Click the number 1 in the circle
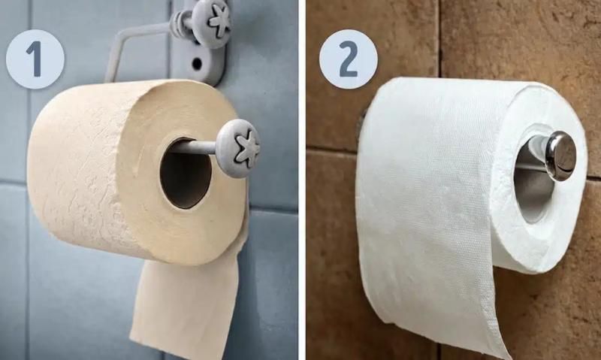[35, 59]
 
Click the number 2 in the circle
[348, 59]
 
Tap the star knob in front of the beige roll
[238, 148]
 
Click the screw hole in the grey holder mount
[198, 63]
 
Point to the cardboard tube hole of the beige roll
[186, 174]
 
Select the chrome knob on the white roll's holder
[560, 156]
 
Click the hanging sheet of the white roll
[429, 245]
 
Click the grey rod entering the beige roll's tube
[195, 146]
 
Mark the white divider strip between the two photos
[302, 180]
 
